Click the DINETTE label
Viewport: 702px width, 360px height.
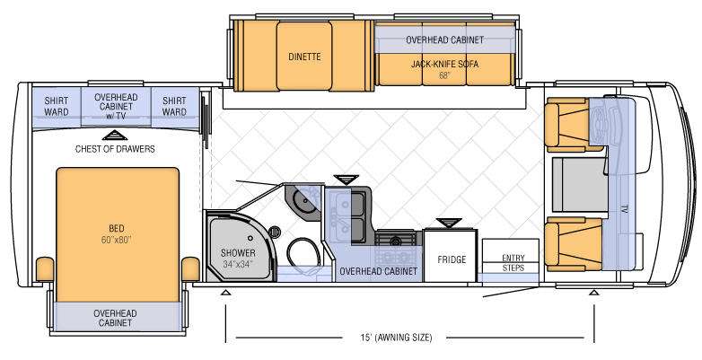tap(304, 57)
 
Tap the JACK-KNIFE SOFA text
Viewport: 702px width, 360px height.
tap(444, 65)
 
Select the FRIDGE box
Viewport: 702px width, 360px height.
tap(451, 255)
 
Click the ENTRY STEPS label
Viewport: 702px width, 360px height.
tap(513, 263)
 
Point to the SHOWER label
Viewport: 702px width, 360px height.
tap(238, 253)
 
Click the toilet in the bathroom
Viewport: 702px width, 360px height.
tap(303, 253)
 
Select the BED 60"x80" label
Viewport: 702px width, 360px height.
tap(117, 234)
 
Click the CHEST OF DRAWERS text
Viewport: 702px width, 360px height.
tap(115, 149)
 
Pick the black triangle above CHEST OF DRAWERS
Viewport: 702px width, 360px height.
tap(115, 136)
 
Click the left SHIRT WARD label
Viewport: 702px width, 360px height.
tap(57, 107)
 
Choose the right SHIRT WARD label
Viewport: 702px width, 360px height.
tap(174, 107)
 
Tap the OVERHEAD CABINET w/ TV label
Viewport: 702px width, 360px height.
tap(116, 107)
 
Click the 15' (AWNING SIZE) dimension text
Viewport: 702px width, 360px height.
tap(395, 338)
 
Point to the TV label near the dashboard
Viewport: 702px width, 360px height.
tap(624, 209)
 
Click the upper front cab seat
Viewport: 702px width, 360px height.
tap(573, 125)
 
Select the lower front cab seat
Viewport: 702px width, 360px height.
tap(573, 244)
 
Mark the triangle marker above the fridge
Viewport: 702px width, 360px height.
tap(449, 223)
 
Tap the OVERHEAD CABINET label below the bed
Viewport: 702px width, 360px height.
tap(115, 318)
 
